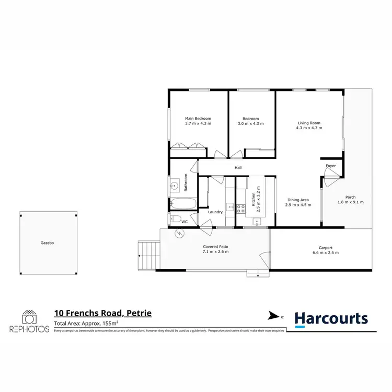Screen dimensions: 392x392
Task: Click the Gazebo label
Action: coord(47,243)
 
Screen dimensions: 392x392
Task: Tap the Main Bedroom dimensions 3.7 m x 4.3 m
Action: coord(198,124)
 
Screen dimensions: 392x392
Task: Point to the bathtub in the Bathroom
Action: coord(182,203)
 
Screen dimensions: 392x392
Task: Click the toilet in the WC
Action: coord(175,220)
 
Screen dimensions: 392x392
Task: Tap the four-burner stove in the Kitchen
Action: coord(241,209)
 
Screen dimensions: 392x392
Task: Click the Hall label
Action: coord(238,168)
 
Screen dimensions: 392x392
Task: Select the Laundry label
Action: coord(215,212)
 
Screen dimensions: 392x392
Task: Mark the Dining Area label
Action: coord(298,200)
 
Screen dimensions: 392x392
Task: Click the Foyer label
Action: coord(330,166)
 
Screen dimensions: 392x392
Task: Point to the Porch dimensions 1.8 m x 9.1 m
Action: coord(350,202)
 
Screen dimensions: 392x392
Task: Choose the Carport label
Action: coord(326,248)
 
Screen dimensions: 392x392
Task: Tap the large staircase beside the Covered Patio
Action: coord(148,256)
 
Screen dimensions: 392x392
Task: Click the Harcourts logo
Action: coord(331,319)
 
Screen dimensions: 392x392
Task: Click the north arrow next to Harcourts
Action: coord(273,316)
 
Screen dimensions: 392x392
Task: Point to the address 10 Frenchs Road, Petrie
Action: coord(103,313)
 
